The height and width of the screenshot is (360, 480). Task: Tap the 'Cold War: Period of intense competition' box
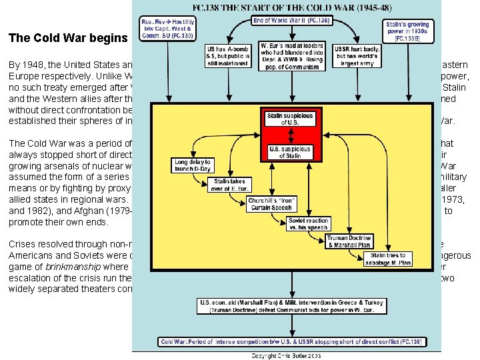click(x=291, y=341)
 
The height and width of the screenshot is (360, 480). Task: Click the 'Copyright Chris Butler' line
click(x=287, y=355)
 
